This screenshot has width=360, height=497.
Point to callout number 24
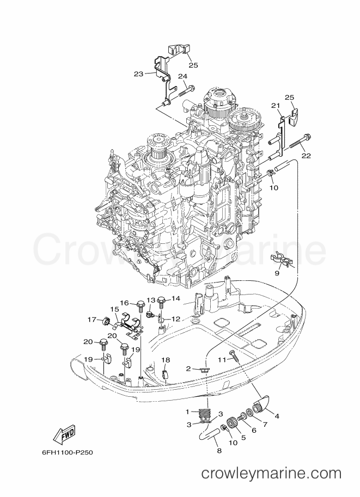[182, 76]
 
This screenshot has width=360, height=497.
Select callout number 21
[276, 105]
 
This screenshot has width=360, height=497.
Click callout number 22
[306, 156]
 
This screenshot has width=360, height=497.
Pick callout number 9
[277, 273]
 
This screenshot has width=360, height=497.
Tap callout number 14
[175, 298]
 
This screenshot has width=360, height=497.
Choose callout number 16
[124, 303]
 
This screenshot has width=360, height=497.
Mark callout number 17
[92, 320]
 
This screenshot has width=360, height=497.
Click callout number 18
[166, 360]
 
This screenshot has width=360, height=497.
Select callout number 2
[188, 369]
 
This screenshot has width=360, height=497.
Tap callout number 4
[277, 416]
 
